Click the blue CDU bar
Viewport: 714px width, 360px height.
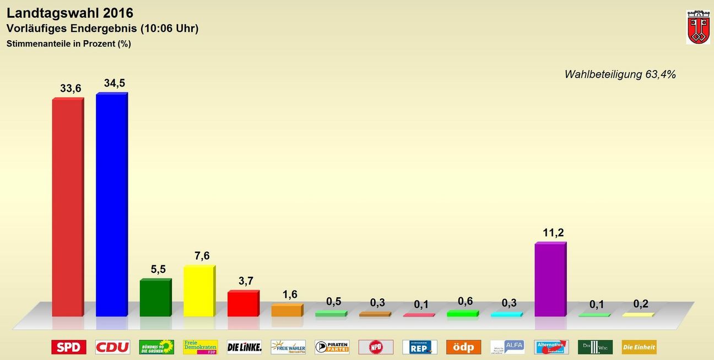pos(111,205)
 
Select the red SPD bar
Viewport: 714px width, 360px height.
pos(67,208)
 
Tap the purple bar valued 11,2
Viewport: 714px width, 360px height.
pos(550,280)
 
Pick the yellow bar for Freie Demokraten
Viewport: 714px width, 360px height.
pos(199,291)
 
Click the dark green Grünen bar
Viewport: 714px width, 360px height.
pos(155,298)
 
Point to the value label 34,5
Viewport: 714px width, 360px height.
pos(114,83)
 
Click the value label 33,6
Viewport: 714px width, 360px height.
pos(71,88)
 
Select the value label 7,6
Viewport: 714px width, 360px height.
pos(202,256)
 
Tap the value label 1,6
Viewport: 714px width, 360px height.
pos(290,294)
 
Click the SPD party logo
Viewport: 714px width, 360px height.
pos(69,347)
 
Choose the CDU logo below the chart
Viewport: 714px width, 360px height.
pos(112,347)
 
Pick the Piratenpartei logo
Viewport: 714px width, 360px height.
pos(332,347)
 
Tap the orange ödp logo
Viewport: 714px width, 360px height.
pos(463,347)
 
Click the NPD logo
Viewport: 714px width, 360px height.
pos(376,347)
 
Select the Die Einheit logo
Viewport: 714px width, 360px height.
pos(639,347)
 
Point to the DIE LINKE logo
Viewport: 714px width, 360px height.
pos(244,347)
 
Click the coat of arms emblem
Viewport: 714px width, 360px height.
pos(697,27)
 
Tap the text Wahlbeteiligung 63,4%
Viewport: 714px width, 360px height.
pos(620,74)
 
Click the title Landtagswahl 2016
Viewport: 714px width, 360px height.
pos(70,13)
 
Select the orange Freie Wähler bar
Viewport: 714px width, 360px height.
pos(286,310)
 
